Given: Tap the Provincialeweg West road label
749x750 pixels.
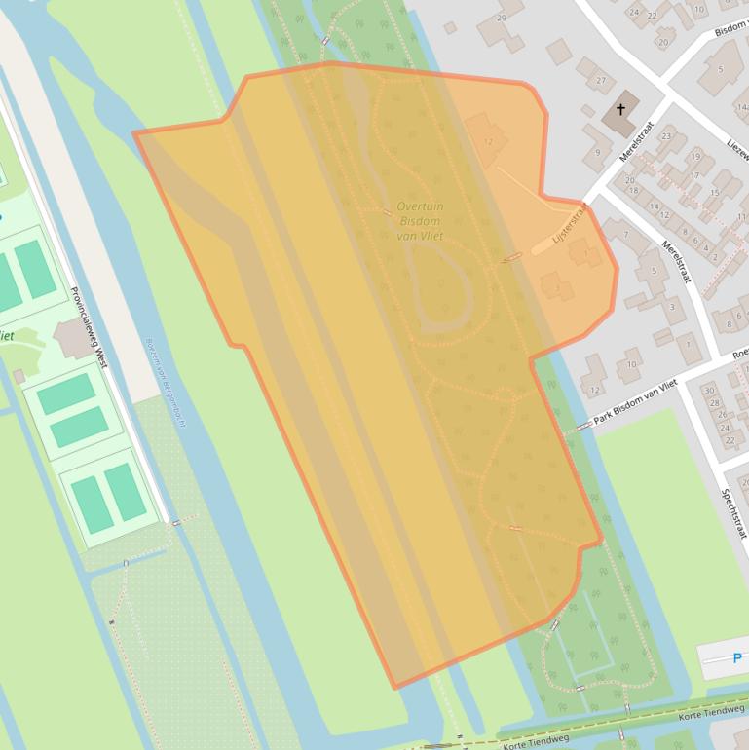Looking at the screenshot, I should click(88, 327).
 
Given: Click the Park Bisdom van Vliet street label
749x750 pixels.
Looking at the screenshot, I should click(635, 398).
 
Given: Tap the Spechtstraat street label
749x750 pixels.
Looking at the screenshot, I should click(732, 512).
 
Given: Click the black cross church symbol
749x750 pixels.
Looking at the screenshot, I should click(620, 110).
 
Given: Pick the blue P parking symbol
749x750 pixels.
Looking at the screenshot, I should click(736, 658).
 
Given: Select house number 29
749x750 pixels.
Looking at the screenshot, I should click(502, 18).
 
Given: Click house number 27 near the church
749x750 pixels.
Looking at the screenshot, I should click(600, 80).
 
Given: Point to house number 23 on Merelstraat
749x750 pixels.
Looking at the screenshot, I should click(666, 136).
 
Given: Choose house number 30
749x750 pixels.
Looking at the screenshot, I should click(708, 390).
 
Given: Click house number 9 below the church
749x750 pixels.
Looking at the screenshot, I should click(597, 153).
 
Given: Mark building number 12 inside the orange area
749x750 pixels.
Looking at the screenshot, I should click(488, 142).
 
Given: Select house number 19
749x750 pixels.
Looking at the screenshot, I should click(695, 156).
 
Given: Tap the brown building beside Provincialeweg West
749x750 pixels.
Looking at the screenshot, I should click(74, 339).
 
